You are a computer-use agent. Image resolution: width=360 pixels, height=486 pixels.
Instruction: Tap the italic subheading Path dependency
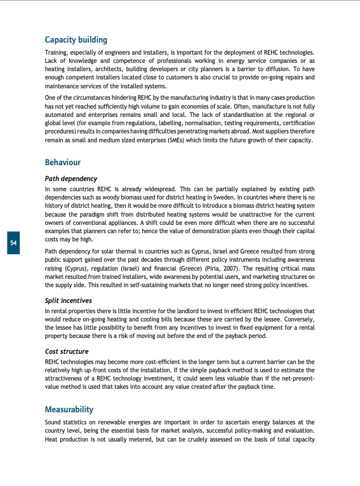[71, 179]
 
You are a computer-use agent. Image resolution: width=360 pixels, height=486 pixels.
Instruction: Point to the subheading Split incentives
[69, 300]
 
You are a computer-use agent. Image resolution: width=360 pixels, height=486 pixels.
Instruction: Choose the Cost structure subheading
[67, 351]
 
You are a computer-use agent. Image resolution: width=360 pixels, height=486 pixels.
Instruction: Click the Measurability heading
[70, 409]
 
